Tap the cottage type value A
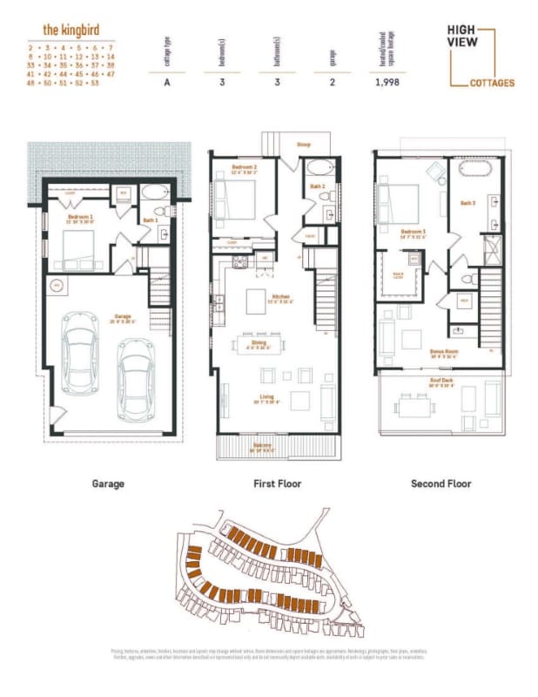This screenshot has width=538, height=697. click(x=166, y=83)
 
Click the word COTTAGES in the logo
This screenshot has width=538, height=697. click(x=493, y=84)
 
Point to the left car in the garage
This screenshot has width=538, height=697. click(x=81, y=354)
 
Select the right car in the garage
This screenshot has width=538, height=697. click(x=135, y=376)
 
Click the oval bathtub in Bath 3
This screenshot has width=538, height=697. click(x=474, y=170)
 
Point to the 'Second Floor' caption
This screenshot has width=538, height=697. click(x=440, y=484)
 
